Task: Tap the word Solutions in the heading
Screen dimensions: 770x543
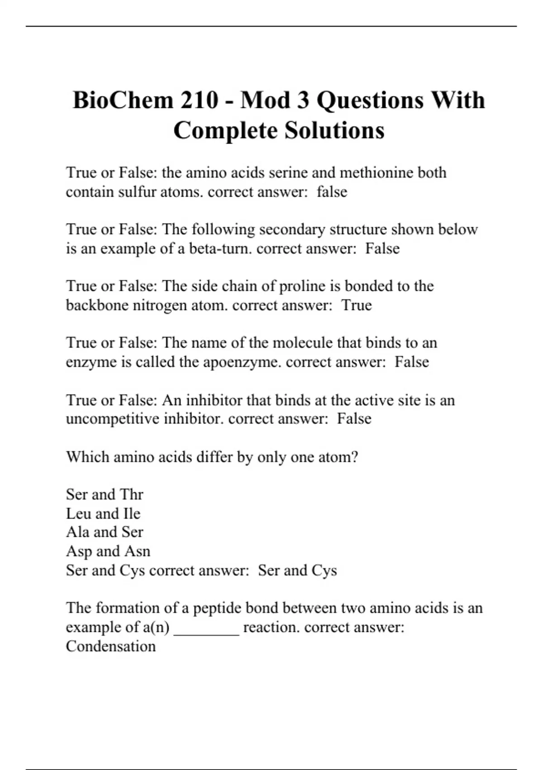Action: click(x=334, y=130)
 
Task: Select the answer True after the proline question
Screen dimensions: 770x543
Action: click(x=357, y=305)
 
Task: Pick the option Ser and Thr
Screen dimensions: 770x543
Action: click(x=105, y=494)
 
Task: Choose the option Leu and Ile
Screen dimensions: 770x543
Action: click(x=103, y=513)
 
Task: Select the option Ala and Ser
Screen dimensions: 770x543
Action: click(x=105, y=532)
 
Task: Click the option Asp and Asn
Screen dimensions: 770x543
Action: click(x=108, y=551)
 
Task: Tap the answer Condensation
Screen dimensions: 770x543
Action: click(x=111, y=646)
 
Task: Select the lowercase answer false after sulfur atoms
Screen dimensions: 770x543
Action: click(x=332, y=192)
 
